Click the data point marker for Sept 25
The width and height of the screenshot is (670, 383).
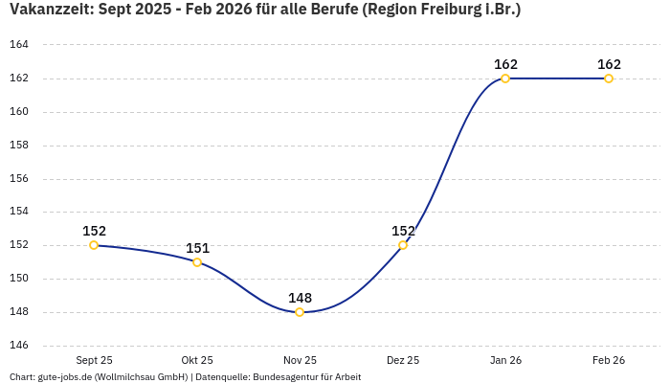[x=94, y=245]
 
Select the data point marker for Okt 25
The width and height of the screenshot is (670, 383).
[x=197, y=262]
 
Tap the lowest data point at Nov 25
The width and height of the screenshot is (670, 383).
[x=300, y=312]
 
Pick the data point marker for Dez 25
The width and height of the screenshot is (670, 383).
[x=403, y=245]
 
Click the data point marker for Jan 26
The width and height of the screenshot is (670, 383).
[x=505, y=79]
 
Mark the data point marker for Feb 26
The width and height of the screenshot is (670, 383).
[x=609, y=79]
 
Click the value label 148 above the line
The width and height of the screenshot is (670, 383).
[x=300, y=298]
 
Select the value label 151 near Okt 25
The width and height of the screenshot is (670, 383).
[x=197, y=248]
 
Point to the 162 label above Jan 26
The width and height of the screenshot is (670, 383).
[x=505, y=64]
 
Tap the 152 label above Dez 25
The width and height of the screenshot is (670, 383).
[x=403, y=231]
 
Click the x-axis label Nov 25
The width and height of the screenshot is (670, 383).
[x=300, y=360]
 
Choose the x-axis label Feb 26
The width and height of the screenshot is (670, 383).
[x=609, y=360]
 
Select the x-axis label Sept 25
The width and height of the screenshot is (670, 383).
[x=94, y=360]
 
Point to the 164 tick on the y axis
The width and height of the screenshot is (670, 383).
[x=19, y=45]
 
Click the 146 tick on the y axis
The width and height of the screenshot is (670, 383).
[x=19, y=346]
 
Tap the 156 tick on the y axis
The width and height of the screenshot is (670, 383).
[x=19, y=179]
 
